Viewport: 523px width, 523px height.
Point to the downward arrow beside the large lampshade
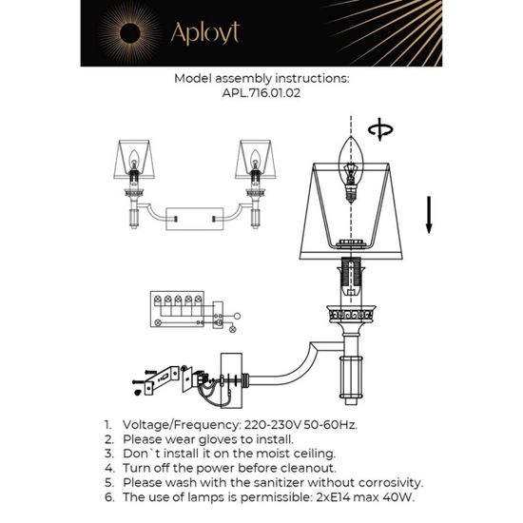[x=429, y=213]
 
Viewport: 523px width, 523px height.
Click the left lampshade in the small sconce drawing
[x=134, y=161]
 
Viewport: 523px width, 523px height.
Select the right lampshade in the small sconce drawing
[x=255, y=161]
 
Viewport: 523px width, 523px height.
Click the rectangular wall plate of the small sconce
[x=194, y=218]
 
